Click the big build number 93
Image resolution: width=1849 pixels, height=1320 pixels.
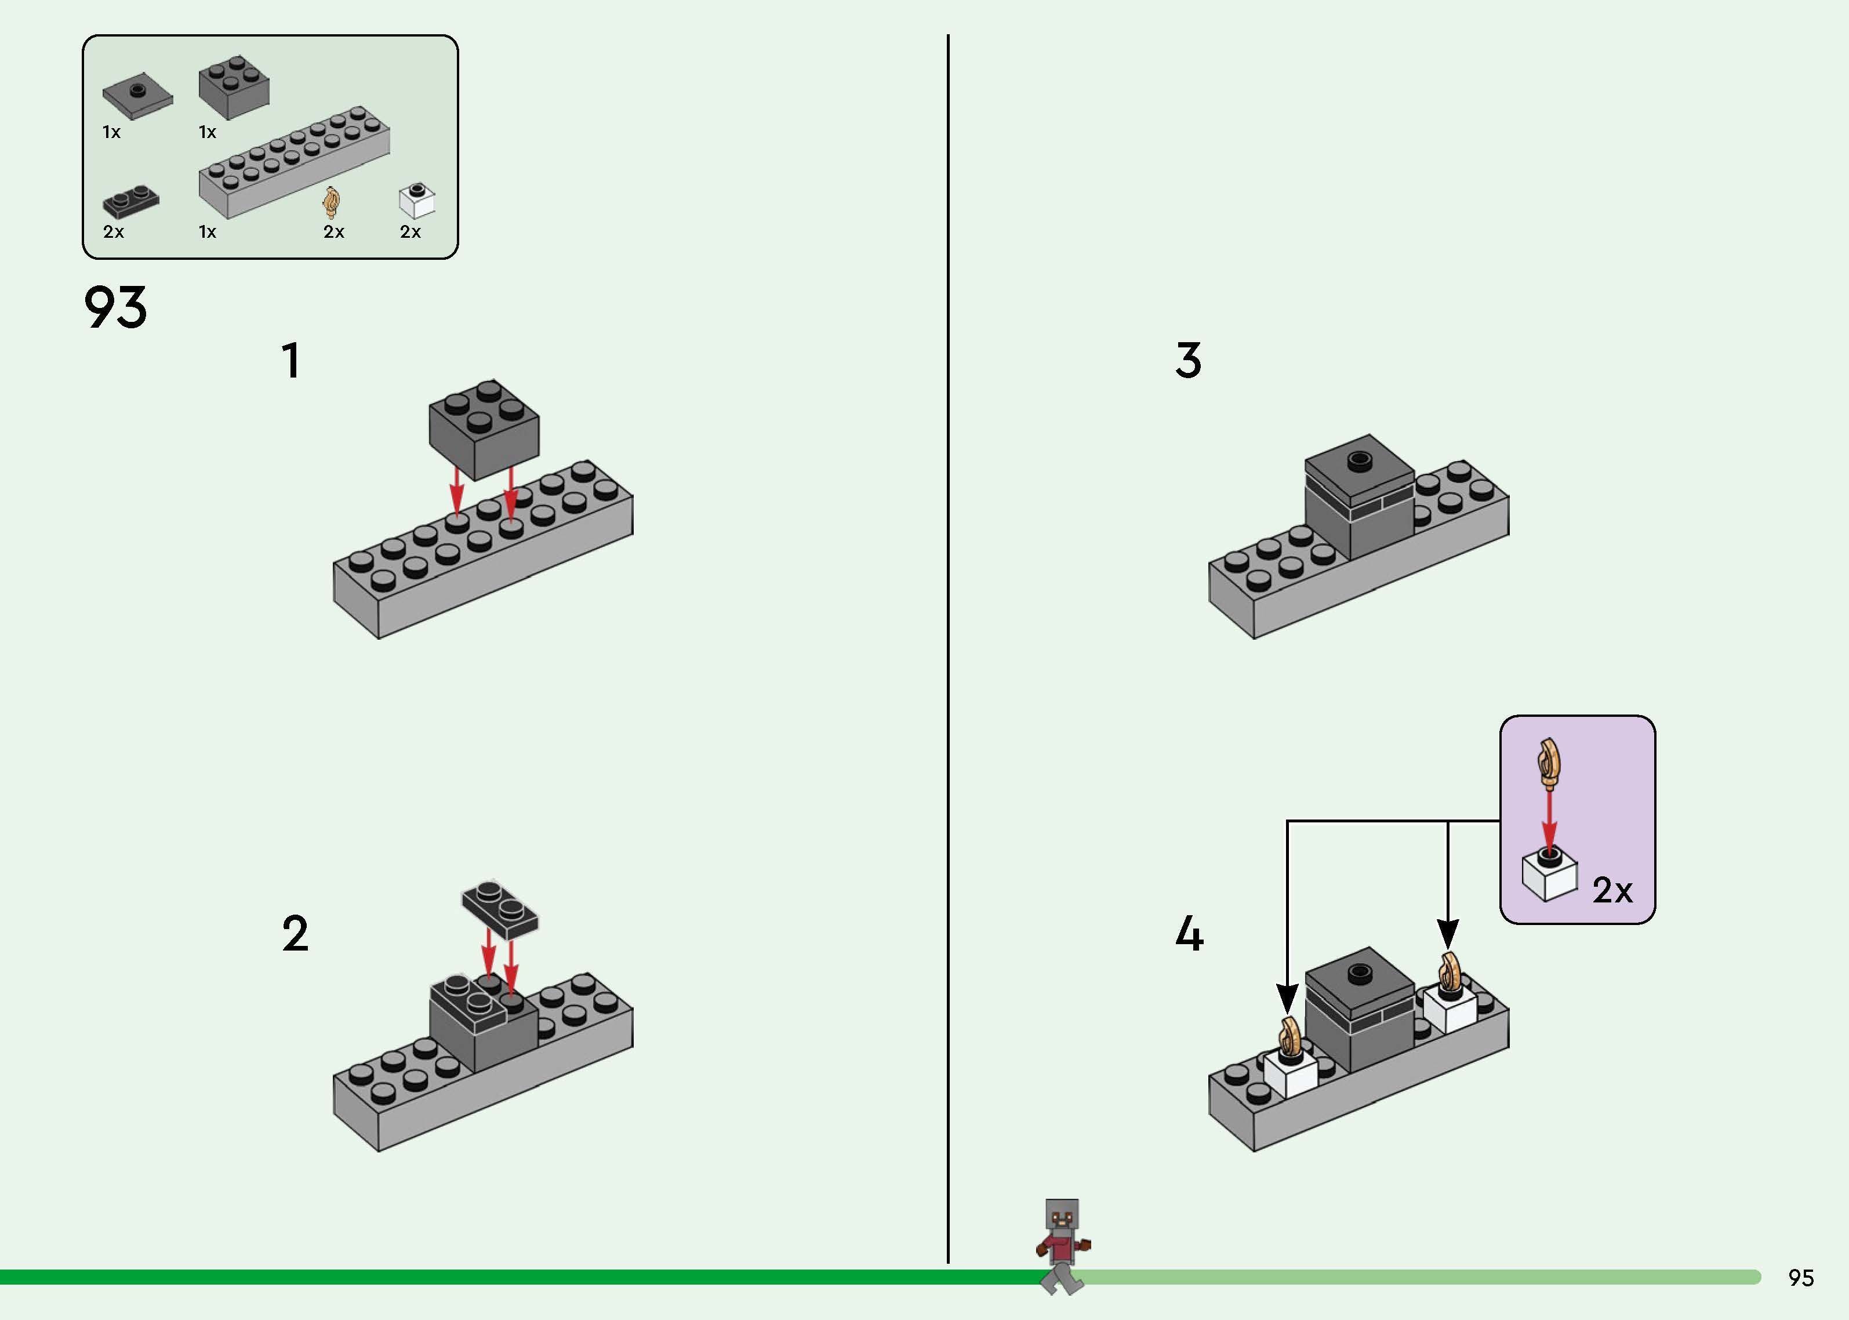115,307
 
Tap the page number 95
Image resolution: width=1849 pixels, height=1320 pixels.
1800,1278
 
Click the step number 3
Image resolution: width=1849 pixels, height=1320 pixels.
1187,361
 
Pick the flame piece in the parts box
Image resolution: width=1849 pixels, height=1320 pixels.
332,202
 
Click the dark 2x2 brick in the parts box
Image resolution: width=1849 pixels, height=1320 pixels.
234,87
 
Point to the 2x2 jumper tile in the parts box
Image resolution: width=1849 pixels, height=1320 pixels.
137,95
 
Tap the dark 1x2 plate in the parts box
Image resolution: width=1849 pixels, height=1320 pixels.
130,202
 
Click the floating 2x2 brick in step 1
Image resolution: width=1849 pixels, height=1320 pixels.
484,429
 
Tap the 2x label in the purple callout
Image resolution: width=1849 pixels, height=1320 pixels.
1612,891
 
